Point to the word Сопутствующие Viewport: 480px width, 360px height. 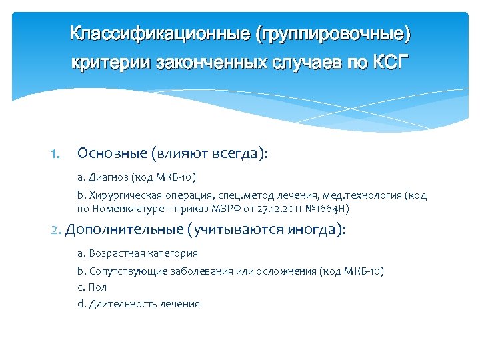(x=125, y=271)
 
